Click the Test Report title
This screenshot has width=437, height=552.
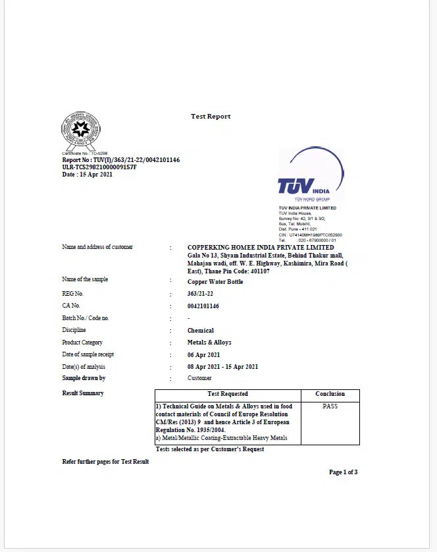pyautogui.click(x=211, y=117)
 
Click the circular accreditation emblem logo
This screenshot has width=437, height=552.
pyautogui.click(x=80, y=130)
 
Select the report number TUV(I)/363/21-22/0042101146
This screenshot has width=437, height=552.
pyautogui.click(x=121, y=160)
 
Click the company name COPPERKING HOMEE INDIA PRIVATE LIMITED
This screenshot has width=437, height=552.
pyautogui.click(x=261, y=248)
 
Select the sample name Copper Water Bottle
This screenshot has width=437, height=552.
pyautogui.click(x=215, y=282)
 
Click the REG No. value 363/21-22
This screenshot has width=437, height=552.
pyautogui.click(x=201, y=294)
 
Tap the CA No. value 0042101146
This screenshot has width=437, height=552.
pyautogui.click(x=203, y=306)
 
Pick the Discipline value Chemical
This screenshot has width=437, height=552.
pyautogui.click(x=201, y=331)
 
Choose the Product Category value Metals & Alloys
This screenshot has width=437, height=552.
pyautogui.click(x=209, y=343)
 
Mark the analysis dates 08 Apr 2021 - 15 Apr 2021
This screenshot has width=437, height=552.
pyautogui.click(x=222, y=367)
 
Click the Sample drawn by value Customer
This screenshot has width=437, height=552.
pyautogui.click(x=199, y=378)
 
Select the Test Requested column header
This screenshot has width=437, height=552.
pyautogui.click(x=228, y=394)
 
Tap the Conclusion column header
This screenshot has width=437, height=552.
pyautogui.click(x=330, y=394)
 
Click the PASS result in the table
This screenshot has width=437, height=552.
pyautogui.click(x=330, y=406)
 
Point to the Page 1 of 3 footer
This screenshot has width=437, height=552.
pyautogui.click(x=344, y=472)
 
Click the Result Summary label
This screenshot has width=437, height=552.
pyautogui.click(x=83, y=393)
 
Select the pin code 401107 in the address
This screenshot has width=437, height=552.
pyautogui.click(x=260, y=271)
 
